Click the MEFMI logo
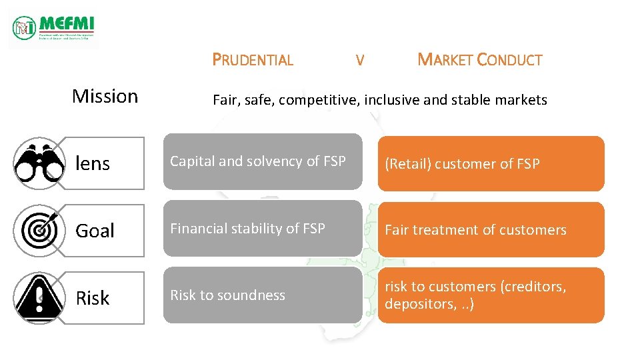(x=54, y=28)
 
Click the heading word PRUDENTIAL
(x=253, y=60)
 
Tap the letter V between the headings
(x=360, y=61)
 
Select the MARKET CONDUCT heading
(x=479, y=60)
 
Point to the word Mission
(x=105, y=96)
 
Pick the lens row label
(x=93, y=163)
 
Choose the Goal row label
(x=95, y=231)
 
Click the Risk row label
(x=93, y=298)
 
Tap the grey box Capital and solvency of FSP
(x=263, y=161)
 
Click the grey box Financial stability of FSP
(x=263, y=229)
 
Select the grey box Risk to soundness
(x=263, y=295)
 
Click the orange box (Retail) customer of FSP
(x=491, y=163)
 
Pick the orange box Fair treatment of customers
(x=491, y=230)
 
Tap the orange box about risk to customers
(x=491, y=295)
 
